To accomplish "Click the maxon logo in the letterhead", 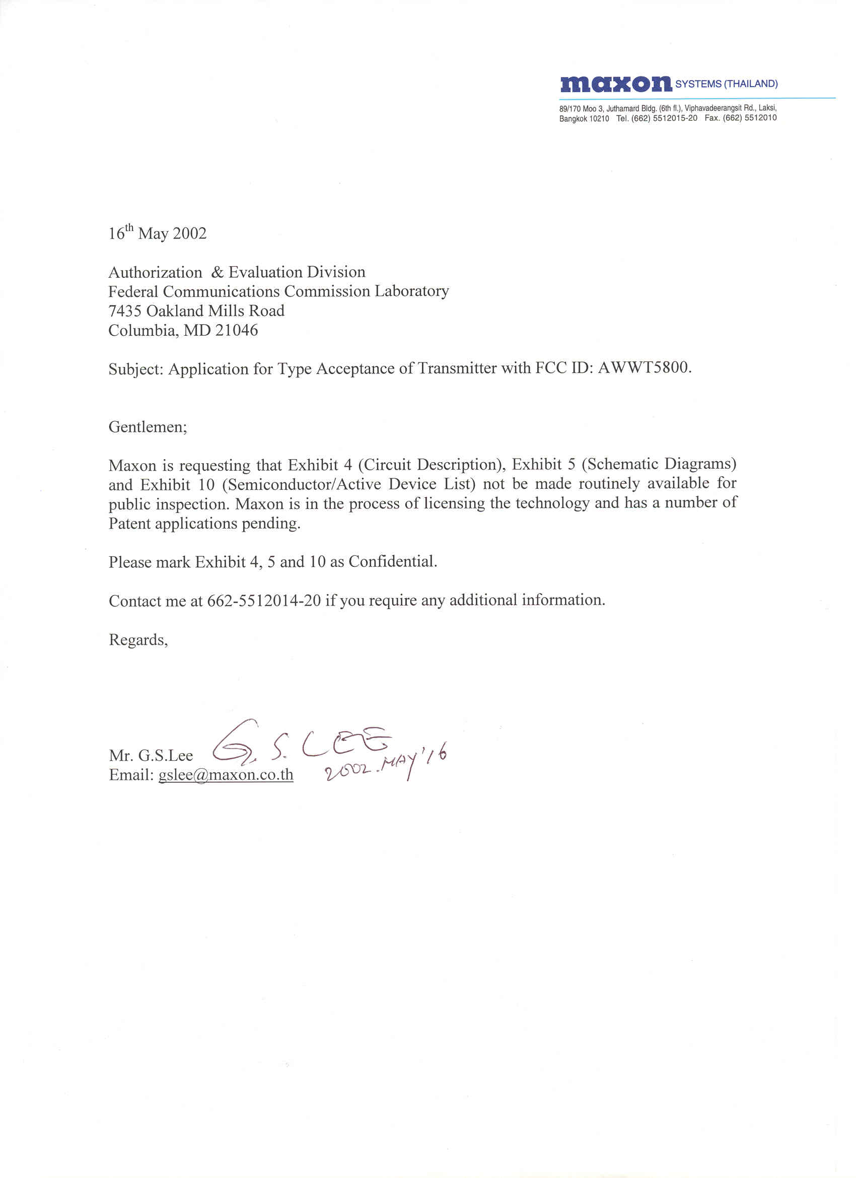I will point(615,84).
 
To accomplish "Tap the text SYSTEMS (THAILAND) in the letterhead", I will point(726,84).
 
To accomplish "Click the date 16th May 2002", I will point(158,233).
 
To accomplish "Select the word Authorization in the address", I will point(155,272).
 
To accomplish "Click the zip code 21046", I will point(236,330).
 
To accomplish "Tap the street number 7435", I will point(125,311).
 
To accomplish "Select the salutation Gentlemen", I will point(148,427).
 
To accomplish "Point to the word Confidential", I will point(392,562).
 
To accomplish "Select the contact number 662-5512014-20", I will point(264,601).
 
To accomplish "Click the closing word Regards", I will point(137,640).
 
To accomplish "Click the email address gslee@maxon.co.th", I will point(226,775).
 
